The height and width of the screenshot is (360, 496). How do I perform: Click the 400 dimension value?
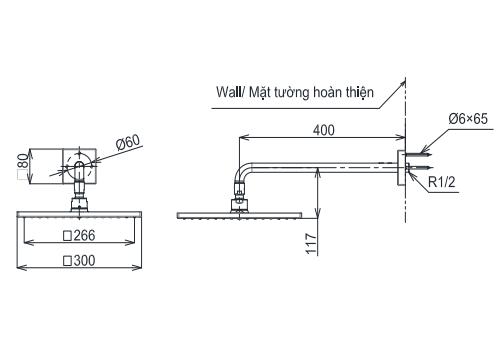click(322, 130)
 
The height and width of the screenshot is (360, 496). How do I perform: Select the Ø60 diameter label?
click(128, 143)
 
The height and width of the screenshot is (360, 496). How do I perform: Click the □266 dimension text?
click(79, 237)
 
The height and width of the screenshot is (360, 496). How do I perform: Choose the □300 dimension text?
click(79, 260)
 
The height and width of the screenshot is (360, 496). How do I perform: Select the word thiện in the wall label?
click(354, 92)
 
